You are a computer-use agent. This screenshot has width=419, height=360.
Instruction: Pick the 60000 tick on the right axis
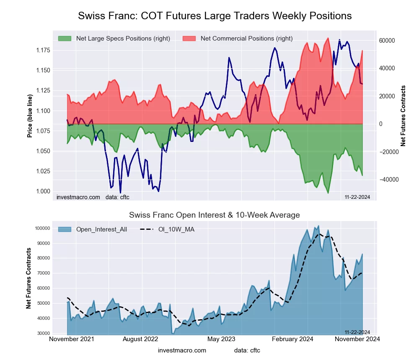pyautogui.click(x=387, y=41)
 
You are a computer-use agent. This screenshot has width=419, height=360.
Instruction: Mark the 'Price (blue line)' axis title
pyautogui.click(x=30, y=116)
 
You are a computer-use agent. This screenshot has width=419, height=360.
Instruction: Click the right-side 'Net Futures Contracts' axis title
pyautogui.click(x=403, y=116)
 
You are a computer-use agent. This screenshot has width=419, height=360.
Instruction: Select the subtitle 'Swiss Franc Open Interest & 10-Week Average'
pyautogui.click(x=214, y=215)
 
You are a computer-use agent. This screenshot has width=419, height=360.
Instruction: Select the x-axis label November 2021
pyautogui.click(x=72, y=339)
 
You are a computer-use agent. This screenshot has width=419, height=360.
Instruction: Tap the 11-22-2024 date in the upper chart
pyautogui.click(x=357, y=197)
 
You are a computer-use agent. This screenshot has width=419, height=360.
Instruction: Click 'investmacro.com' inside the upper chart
pyautogui.click(x=78, y=197)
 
